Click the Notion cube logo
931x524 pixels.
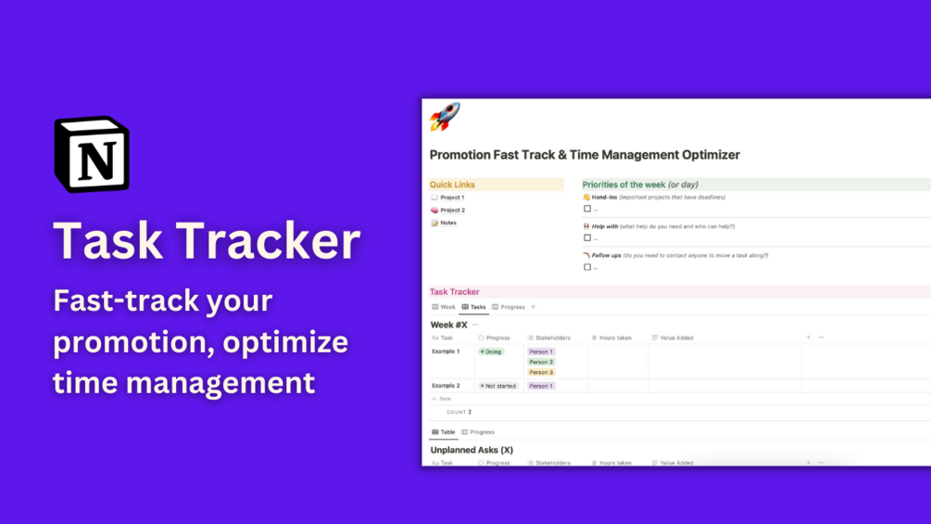point(92,154)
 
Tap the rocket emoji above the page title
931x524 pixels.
point(445,118)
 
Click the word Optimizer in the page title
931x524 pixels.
point(699,155)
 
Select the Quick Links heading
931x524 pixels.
point(452,185)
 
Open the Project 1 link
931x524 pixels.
point(452,198)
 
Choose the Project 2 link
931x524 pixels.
point(452,211)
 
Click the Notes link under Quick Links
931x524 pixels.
point(448,224)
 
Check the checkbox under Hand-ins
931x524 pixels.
point(587,209)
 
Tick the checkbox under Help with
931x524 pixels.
point(587,238)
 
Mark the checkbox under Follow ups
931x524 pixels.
point(587,267)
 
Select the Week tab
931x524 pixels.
point(444,307)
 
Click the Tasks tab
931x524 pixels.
point(473,307)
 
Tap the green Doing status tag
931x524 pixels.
point(491,352)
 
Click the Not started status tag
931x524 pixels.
point(498,386)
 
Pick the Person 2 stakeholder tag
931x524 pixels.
point(541,363)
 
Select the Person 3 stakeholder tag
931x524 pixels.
point(541,373)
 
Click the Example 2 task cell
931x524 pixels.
point(446,386)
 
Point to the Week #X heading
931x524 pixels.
point(449,326)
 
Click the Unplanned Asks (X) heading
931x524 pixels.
point(472,450)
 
